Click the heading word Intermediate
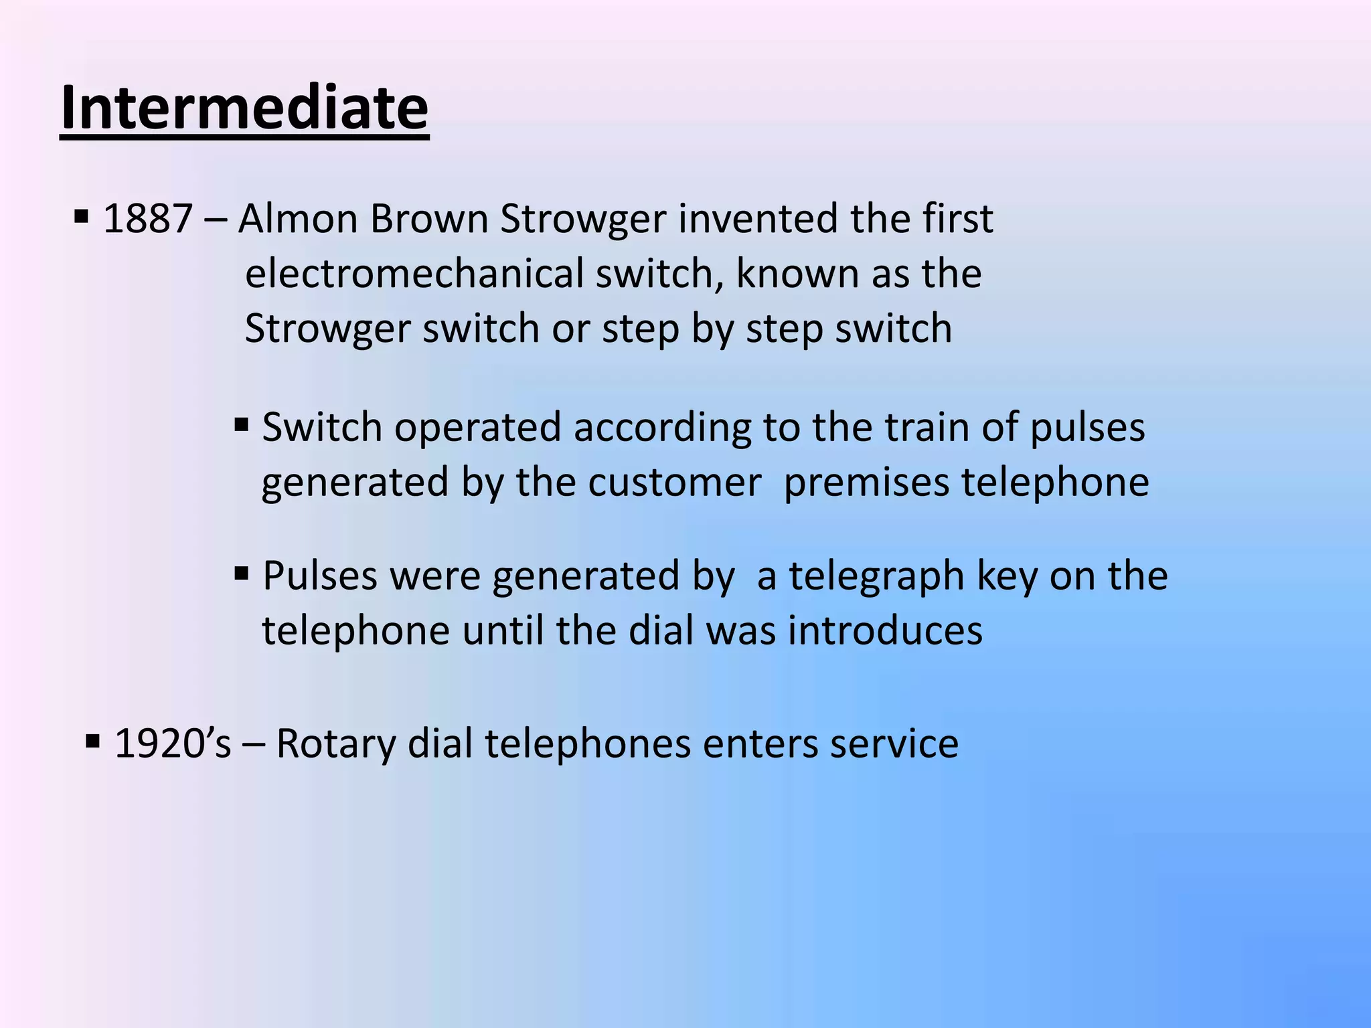pos(244,108)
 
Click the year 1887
pos(148,219)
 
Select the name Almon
pos(298,219)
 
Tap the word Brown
pos(429,219)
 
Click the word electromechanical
pos(414,274)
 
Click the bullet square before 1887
pos(82,217)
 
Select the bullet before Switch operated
pos(242,424)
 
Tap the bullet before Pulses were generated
pos(242,573)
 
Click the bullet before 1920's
pos(93,741)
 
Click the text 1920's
pos(173,744)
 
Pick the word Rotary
pos(335,744)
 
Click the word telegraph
pos(877,576)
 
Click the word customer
pos(674,483)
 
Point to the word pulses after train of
pos(1087,428)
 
